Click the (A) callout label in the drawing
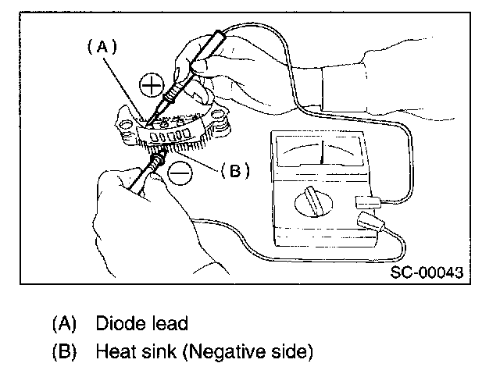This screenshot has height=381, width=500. click(x=102, y=47)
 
